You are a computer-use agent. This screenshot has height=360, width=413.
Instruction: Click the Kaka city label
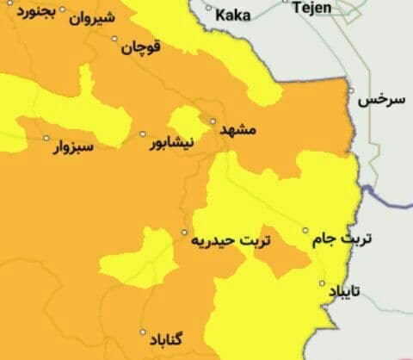(x=232, y=14)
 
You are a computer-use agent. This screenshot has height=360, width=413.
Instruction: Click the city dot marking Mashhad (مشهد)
(x=213, y=121)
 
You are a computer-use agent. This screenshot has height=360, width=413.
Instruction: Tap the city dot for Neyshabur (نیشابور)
(x=143, y=134)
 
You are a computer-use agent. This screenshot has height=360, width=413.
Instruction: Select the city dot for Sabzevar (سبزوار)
(x=46, y=137)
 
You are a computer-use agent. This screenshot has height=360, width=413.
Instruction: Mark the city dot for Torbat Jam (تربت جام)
(x=305, y=231)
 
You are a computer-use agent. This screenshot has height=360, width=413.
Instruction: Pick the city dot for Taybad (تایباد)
(x=323, y=283)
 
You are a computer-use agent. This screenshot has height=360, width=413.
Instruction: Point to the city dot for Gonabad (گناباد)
(x=143, y=331)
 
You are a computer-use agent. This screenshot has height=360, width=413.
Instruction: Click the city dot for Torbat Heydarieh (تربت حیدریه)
(x=184, y=233)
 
